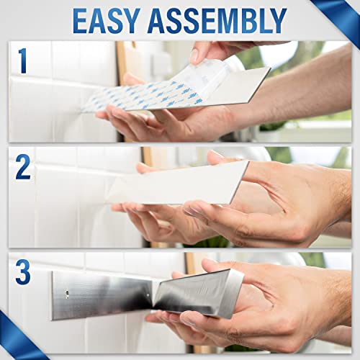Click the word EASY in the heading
pyautogui.click(x=114, y=21)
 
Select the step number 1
pyautogui.click(x=24, y=61)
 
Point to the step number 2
pyautogui.click(x=24, y=167)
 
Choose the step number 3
pyautogui.click(x=24, y=274)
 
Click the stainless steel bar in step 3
pyautogui.click(x=108, y=294)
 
